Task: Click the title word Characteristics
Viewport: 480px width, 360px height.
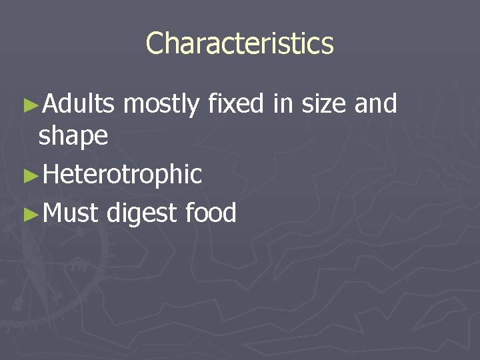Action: (x=239, y=44)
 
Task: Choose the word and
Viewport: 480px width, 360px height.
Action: (x=375, y=104)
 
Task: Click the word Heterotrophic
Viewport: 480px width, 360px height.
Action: (x=121, y=175)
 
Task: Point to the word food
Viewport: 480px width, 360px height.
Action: (x=211, y=213)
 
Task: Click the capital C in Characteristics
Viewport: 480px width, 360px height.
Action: (x=155, y=44)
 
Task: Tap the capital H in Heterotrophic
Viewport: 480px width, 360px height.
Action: (x=49, y=175)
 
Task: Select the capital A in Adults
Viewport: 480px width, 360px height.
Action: (x=49, y=104)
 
